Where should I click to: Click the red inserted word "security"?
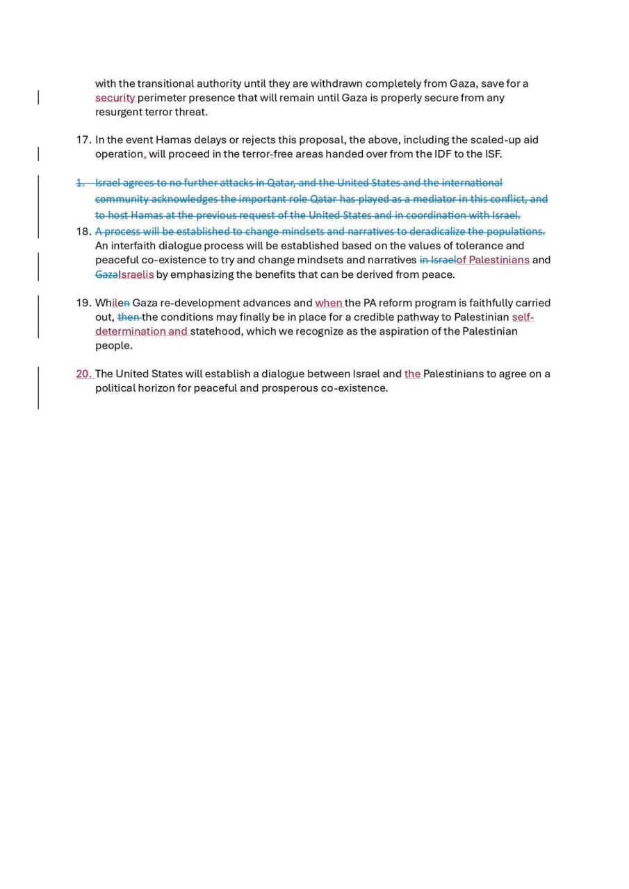coord(115,98)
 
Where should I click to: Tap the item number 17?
coord(83,140)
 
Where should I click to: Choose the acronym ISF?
coord(493,154)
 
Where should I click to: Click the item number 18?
coord(83,231)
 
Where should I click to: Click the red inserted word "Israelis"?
coord(136,274)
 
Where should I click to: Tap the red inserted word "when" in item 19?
coord(329,303)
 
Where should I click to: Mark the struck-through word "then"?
coord(129,317)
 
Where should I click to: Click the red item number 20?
coord(83,374)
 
